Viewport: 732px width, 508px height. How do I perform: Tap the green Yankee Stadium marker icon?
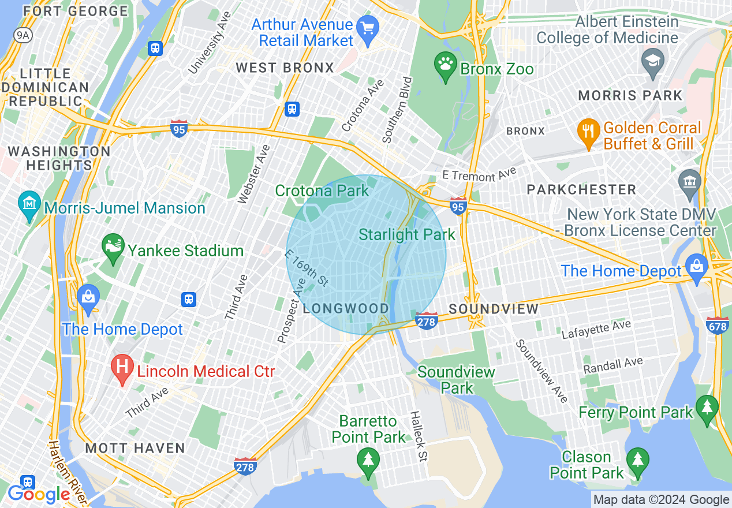tap(113, 247)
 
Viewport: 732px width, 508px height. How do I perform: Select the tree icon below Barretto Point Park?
tap(368, 462)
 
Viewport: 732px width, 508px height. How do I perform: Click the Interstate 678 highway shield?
tap(717, 326)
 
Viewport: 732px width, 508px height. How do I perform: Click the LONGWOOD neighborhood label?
tap(346, 308)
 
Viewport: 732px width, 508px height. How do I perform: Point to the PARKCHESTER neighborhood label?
tap(581, 189)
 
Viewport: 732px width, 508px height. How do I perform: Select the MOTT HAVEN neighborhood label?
tap(135, 448)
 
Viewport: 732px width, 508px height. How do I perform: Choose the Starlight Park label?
tap(407, 234)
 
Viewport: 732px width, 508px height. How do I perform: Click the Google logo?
tap(39, 494)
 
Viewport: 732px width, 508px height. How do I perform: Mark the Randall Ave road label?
tap(613, 365)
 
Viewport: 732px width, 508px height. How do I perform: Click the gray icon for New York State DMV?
tap(690, 183)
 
